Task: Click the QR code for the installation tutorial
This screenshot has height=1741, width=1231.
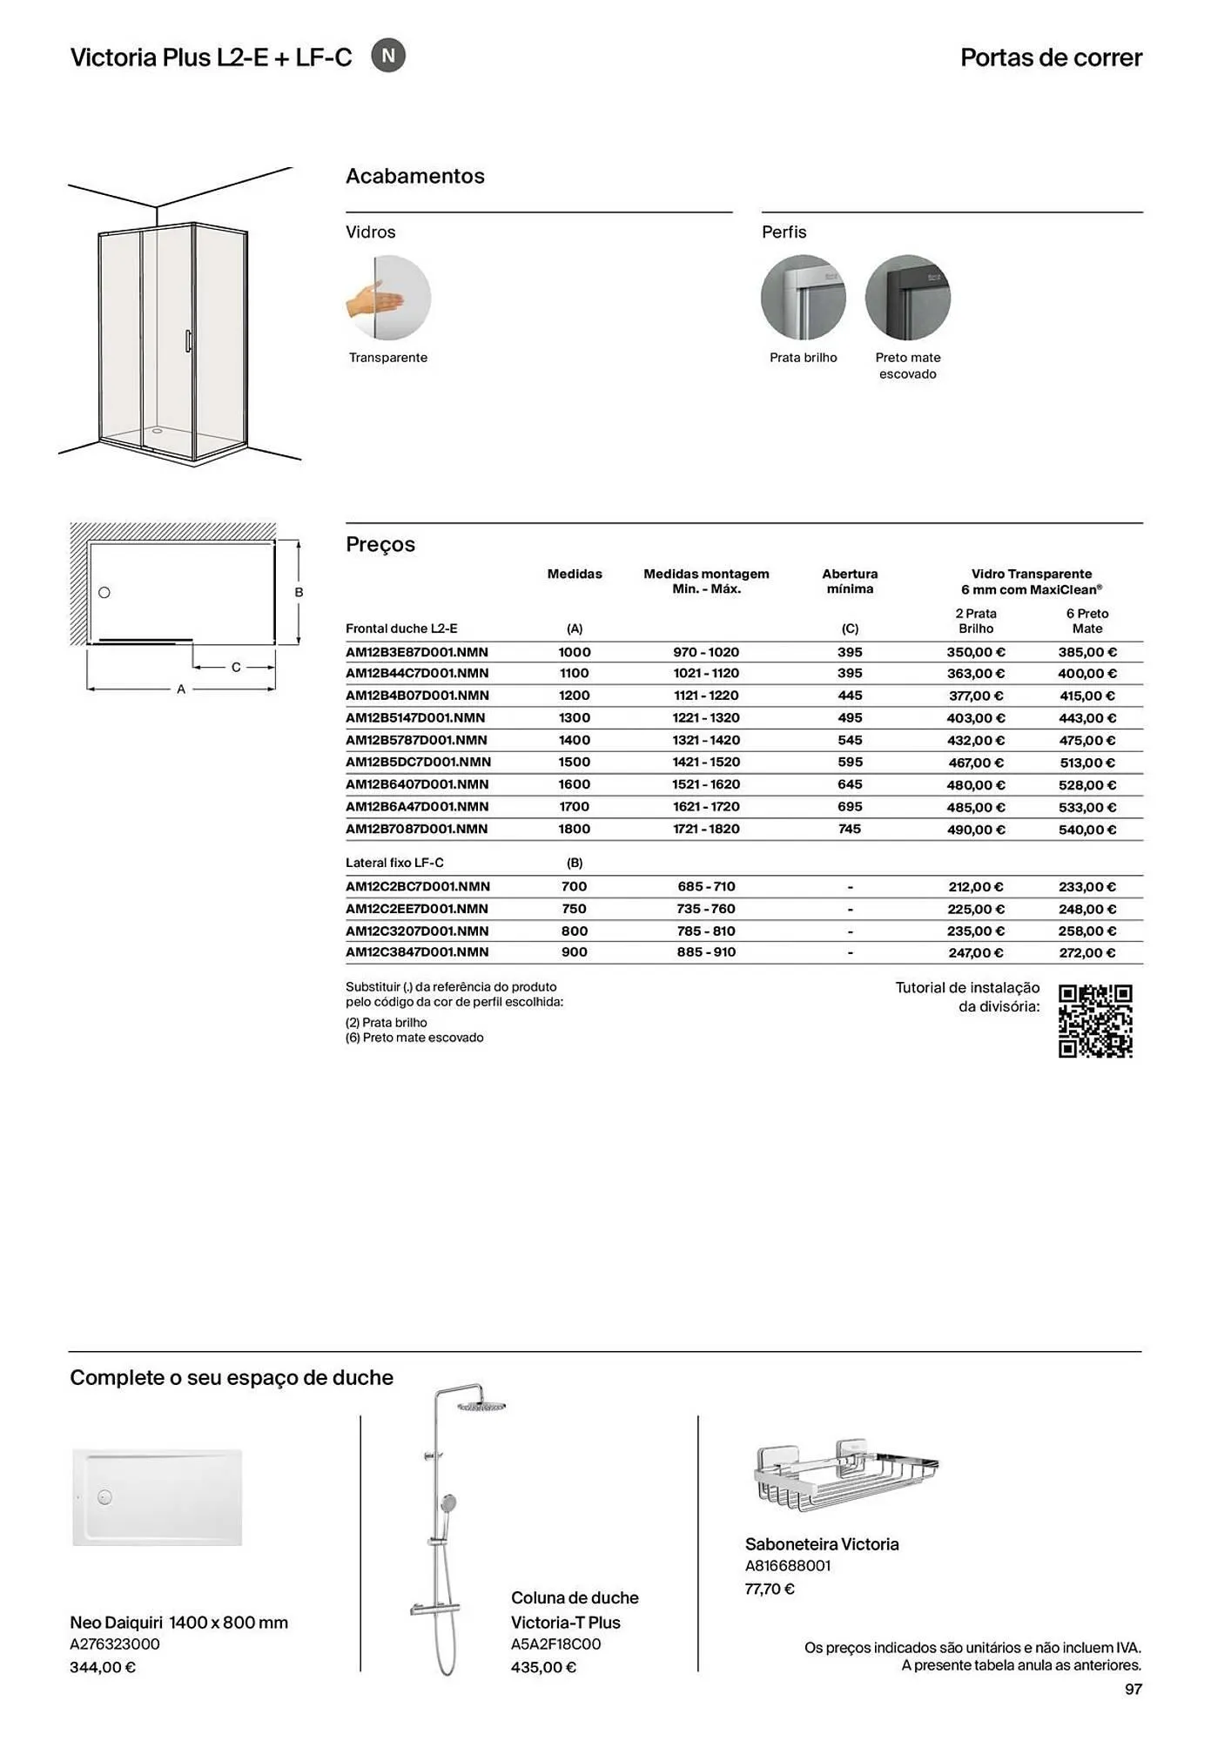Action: click(x=1095, y=1021)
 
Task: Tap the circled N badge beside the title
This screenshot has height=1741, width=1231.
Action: click(x=388, y=57)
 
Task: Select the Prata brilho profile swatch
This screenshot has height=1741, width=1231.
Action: click(x=803, y=298)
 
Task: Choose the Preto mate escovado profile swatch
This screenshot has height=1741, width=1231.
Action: click(x=907, y=298)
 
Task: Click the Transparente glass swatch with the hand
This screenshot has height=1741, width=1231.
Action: click(x=388, y=298)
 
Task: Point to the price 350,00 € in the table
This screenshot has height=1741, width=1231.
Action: click(x=975, y=652)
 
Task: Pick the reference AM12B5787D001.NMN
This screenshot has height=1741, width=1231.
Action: click(x=416, y=740)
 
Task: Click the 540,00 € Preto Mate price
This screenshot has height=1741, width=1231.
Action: click(x=1086, y=830)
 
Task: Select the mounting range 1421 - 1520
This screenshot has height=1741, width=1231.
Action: click(x=706, y=763)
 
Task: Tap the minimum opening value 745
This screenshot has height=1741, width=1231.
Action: click(x=850, y=829)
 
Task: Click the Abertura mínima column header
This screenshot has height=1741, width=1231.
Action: click(x=850, y=581)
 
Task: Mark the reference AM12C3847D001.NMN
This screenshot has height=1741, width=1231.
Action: click(x=418, y=952)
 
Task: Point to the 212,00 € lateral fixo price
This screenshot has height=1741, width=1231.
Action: click(x=975, y=887)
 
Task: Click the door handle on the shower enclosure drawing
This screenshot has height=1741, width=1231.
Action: click(x=187, y=340)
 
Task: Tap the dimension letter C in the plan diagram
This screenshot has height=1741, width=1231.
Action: click(x=236, y=668)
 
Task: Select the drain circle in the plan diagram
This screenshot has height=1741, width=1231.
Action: click(x=104, y=593)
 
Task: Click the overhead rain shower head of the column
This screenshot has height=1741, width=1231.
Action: click(x=481, y=1406)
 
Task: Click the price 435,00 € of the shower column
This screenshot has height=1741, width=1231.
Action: click(x=543, y=1668)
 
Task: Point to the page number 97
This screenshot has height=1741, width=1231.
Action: click(x=1133, y=1690)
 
